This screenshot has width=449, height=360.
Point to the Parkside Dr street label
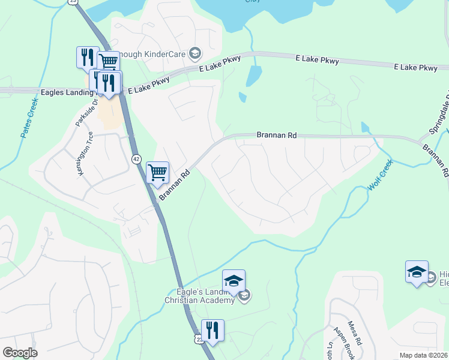83,112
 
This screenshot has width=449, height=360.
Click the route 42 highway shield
136,158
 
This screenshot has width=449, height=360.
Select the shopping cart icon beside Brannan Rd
157,172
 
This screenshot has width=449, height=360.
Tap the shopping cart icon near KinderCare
109,61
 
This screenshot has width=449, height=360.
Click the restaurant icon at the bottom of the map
212,329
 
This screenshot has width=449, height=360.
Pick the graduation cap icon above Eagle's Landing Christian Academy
234,280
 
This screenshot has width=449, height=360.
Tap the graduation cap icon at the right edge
417,271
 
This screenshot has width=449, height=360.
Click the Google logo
20,353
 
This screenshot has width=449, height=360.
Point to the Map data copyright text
424,355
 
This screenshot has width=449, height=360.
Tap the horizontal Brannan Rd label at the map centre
277,136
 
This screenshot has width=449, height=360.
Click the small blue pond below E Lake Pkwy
253,76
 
